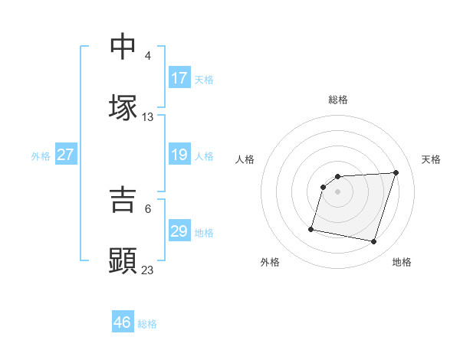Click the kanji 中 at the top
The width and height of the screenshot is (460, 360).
123,46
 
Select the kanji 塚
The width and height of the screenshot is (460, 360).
123,108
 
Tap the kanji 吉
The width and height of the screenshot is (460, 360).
123,200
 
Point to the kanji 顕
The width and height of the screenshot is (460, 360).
123,261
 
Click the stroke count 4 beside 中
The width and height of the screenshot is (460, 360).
148,56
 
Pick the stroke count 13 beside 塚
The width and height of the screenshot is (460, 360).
148,117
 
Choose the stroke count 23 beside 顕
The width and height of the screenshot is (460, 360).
148,270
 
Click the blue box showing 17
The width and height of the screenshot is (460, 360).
179,78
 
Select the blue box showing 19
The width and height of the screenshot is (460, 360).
179,155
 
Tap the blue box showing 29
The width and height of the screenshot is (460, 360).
179,231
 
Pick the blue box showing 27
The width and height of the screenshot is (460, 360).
66,155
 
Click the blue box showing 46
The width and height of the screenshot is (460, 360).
123,322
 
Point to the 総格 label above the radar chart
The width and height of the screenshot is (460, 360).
338,100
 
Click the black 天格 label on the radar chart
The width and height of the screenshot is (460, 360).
431,159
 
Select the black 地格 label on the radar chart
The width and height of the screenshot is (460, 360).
402,262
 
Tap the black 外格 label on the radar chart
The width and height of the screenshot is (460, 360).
270,262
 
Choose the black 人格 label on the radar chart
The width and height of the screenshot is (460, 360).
245,159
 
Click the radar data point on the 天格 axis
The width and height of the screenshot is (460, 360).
396,172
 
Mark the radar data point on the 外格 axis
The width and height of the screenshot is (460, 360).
311,228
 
